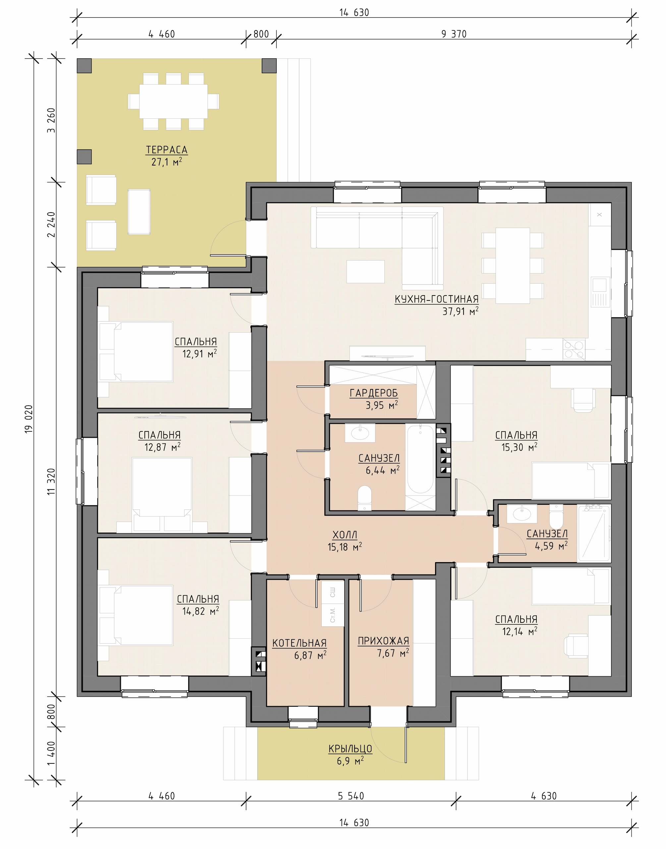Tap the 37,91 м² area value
point(460,311)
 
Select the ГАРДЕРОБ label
point(373,393)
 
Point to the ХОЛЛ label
point(345,535)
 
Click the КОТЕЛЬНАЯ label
point(300,643)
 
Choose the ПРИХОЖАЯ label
point(383,641)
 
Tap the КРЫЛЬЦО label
point(350,749)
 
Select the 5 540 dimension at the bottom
point(351,796)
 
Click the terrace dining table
point(174,101)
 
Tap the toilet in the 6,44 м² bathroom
point(364,498)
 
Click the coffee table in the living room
point(366,272)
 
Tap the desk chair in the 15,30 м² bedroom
point(583,400)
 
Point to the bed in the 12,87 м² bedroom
point(162,495)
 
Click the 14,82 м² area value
point(200,611)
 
